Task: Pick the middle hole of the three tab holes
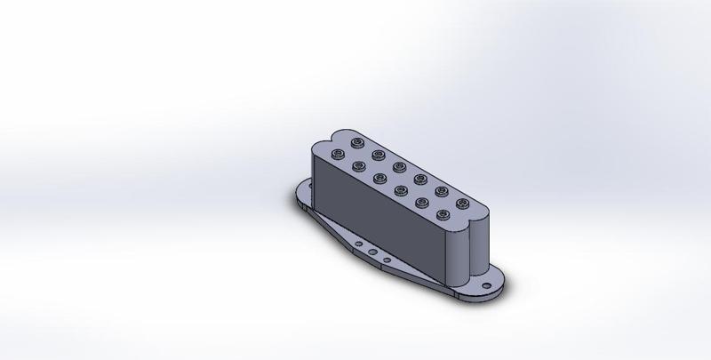(x=371, y=251)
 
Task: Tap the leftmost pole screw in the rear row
(x=357, y=142)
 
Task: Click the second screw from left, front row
(x=357, y=164)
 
